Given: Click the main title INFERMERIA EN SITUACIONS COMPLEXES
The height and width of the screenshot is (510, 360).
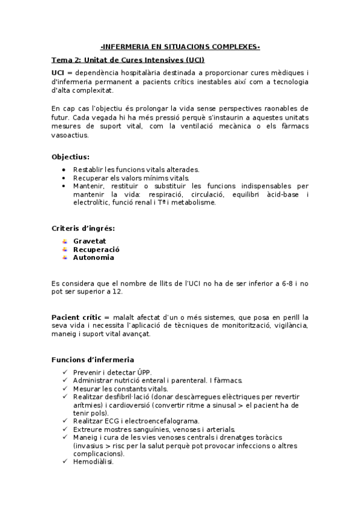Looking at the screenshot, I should click(180, 46).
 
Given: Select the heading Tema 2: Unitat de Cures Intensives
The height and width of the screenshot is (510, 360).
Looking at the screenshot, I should click(128, 60).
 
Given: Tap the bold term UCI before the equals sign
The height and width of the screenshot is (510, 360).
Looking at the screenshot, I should click(58, 72).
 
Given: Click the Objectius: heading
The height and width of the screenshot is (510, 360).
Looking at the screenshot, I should click(71, 156).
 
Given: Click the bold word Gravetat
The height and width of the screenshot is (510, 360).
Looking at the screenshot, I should click(90, 241).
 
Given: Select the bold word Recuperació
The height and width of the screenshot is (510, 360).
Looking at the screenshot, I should click(96, 249).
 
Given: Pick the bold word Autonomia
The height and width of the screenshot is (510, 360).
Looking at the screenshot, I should click(93, 257).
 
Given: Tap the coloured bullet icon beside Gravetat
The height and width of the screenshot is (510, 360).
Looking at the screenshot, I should click(65, 241).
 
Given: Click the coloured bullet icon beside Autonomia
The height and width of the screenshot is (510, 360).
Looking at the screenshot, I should click(65, 257).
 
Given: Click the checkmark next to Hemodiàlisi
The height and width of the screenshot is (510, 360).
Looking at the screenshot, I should click(65, 462).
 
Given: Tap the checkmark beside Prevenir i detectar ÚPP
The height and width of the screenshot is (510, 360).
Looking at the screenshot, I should click(65, 372).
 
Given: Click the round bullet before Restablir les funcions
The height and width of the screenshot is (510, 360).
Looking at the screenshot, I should click(65, 170).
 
